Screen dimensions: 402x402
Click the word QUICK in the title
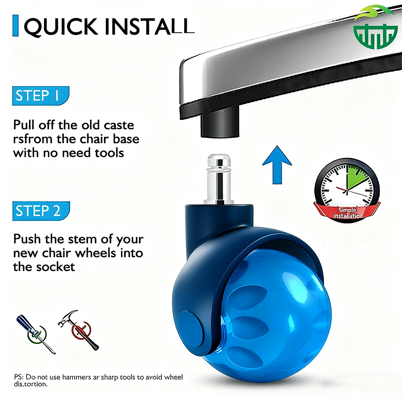(61, 27)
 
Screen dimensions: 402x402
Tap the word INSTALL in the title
(150, 26)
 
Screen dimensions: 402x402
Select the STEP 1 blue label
(41, 96)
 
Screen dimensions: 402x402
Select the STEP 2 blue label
(41, 211)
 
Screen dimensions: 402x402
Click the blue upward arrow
(277, 165)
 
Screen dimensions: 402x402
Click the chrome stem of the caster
(219, 179)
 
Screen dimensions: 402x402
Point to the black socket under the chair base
(220, 123)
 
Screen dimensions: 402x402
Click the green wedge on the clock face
(356, 177)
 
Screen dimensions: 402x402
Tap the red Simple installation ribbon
(347, 212)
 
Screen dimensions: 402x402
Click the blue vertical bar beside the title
(15, 26)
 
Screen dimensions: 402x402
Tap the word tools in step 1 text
(109, 153)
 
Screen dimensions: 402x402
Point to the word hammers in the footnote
(76, 377)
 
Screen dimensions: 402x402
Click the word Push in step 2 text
(27, 239)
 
